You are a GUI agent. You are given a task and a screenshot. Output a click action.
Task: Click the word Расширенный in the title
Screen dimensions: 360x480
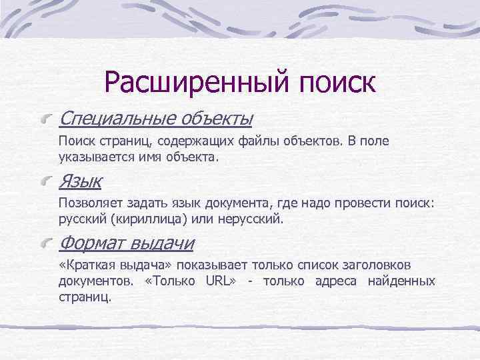tap(189, 83)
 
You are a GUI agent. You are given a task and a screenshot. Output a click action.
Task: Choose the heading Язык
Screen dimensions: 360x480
tap(80, 181)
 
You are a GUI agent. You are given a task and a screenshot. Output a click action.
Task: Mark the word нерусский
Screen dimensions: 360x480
tap(255, 219)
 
